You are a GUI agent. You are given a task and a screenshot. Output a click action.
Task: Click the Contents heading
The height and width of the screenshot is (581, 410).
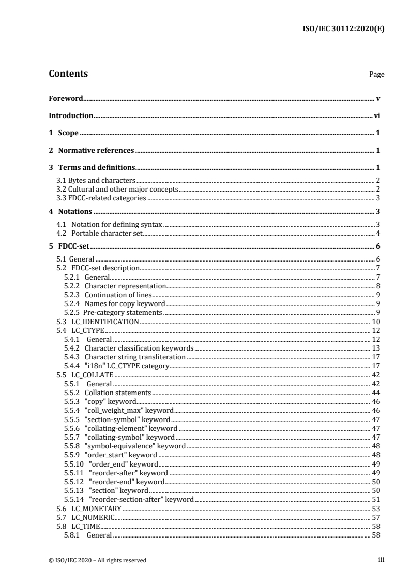point(68,74)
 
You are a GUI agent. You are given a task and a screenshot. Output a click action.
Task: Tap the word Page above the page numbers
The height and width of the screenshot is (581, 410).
point(376,75)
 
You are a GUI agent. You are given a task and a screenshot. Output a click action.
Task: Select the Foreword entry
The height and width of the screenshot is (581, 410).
point(66,98)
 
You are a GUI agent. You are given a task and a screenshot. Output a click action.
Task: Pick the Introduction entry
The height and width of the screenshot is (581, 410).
point(71,115)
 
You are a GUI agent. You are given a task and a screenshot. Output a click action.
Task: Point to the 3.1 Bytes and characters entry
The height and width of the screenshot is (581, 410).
point(96,180)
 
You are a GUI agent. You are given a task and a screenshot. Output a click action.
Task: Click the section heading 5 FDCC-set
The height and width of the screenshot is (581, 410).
point(70,246)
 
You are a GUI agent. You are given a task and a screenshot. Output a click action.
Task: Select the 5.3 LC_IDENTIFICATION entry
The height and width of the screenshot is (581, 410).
point(98,322)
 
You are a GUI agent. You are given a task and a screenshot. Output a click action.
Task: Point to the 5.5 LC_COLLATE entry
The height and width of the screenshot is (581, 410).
point(85,375)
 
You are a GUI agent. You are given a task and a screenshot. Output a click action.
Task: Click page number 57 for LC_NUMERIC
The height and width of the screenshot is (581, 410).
point(376,517)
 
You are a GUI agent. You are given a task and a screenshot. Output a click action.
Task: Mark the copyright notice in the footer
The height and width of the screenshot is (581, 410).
point(97,560)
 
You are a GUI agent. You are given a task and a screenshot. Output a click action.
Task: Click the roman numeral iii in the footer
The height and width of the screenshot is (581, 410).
point(381,559)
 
